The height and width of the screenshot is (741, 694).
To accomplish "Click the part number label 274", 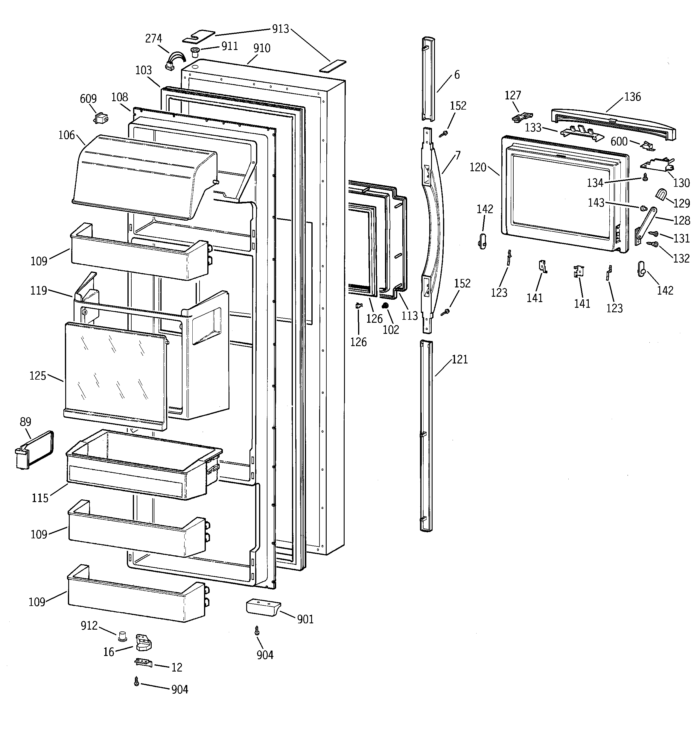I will (x=153, y=38).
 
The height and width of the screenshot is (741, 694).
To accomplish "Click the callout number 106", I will (x=67, y=135).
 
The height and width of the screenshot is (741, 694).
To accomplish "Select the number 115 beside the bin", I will (x=40, y=498).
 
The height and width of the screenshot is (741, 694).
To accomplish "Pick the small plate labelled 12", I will (x=143, y=662).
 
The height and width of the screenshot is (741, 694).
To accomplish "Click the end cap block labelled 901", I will (x=263, y=608).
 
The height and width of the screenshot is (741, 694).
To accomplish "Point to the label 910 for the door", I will (x=262, y=48).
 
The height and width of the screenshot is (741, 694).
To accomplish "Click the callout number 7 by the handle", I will (x=458, y=155).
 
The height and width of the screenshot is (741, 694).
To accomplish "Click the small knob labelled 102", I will (x=386, y=306).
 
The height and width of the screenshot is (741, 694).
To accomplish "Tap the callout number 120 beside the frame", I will (x=478, y=167).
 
